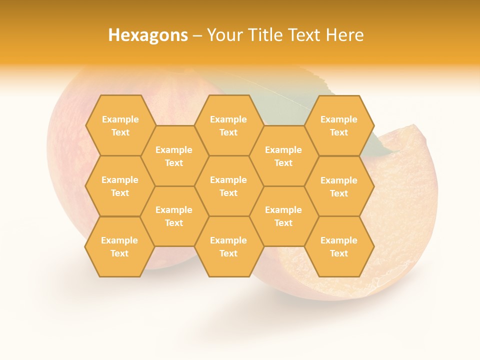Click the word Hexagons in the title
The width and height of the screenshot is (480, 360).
(x=147, y=35)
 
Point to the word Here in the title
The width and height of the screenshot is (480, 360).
(x=344, y=35)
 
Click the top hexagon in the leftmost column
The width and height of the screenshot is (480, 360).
(x=120, y=125)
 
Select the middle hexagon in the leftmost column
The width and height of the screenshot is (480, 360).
(x=120, y=186)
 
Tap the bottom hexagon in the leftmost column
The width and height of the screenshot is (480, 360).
(x=119, y=246)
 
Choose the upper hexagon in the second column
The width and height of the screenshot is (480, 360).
(x=174, y=156)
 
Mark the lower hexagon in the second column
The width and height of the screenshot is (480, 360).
(x=174, y=216)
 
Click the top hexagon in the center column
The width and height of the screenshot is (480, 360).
(x=228, y=125)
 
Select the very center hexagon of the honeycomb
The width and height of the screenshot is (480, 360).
(x=228, y=186)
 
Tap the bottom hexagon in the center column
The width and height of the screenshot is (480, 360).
(x=228, y=246)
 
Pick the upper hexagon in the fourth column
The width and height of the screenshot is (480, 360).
(x=283, y=156)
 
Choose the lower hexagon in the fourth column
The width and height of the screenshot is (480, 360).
(x=283, y=216)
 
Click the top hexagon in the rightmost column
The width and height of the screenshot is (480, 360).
(x=339, y=125)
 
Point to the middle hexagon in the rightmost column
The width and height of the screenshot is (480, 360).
(x=339, y=186)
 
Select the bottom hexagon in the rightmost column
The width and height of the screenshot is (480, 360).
(x=339, y=246)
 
